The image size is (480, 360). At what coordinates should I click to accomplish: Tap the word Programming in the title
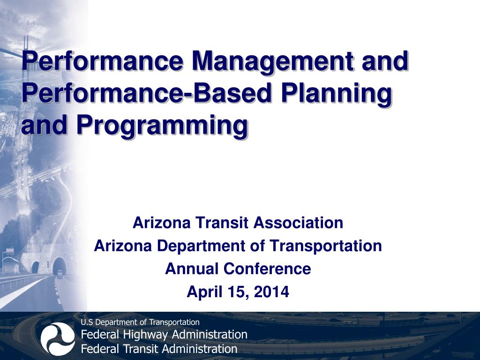point(162,125)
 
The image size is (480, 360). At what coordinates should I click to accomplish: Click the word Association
point(298,223)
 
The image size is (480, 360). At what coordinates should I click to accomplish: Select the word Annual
point(192,269)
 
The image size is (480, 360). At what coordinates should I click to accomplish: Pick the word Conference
point(267,269)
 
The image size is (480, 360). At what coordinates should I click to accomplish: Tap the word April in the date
point(203,292)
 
